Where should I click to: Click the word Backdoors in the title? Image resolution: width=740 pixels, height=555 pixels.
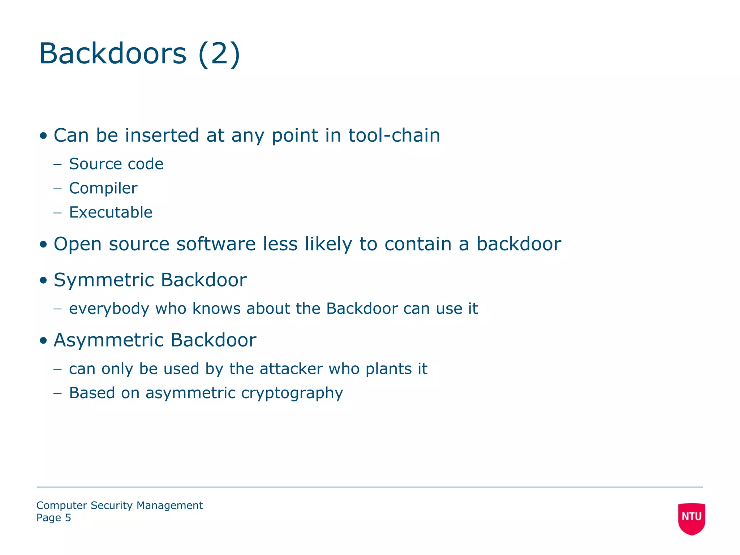(x=113, y=53)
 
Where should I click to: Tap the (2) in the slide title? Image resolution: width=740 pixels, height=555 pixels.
(x=219, y=53)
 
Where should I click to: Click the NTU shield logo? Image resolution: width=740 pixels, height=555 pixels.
(x=692, y=519)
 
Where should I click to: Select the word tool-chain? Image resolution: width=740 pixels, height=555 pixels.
(x=394, y=135)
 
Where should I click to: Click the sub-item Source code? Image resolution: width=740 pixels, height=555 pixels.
(x=116, y=164)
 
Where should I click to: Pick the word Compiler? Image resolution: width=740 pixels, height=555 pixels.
(x=103, y=188)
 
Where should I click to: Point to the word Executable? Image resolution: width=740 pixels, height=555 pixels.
(x=111, y=212)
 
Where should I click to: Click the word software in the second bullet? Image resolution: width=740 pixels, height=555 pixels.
(x=216, y=244)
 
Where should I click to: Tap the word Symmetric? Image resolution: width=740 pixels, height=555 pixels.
(x=104, y=280)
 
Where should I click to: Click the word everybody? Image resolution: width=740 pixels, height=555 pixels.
(x=109, y=309)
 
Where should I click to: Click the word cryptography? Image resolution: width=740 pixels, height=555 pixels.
(x=292, y=393)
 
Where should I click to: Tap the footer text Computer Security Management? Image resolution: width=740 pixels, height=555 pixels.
(x=120, y=505)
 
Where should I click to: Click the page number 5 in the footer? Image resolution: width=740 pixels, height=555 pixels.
(x=68, y=518)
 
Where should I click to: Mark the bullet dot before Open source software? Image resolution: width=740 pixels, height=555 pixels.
(x=44, y=244)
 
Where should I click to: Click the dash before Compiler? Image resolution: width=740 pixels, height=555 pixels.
(x=57, y=188)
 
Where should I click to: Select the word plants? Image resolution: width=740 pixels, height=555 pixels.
(x=388, y=369)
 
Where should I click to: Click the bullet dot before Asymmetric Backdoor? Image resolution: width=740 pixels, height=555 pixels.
(x=44, y=340)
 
